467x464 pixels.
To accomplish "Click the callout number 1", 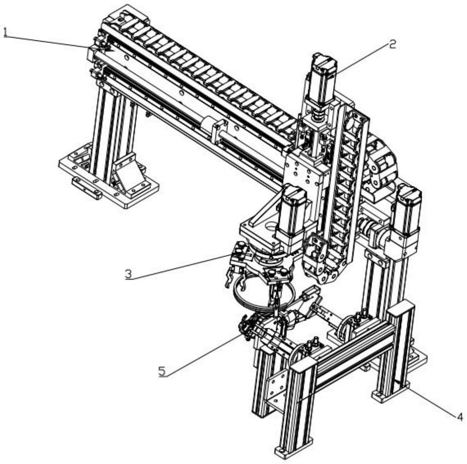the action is (x=5, y=32).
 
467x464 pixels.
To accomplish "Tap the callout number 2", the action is (x=392, y=45).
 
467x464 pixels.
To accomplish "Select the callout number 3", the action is (x=128, y=273).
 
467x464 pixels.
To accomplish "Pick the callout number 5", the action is (x=162, y=371).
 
